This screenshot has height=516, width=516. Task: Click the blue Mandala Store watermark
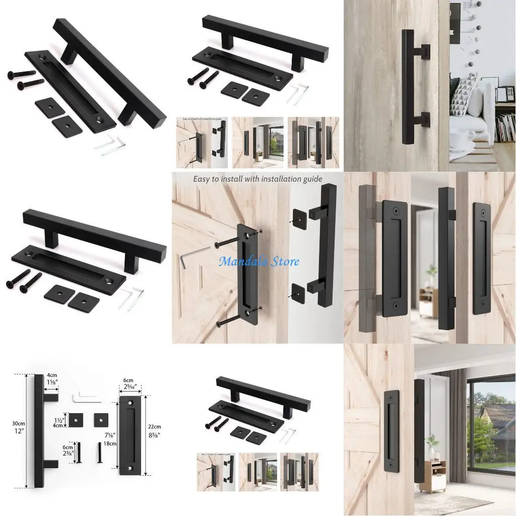click(259, 261)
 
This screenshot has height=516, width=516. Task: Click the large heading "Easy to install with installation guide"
click(258, 179)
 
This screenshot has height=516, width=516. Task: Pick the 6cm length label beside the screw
click(68, 449)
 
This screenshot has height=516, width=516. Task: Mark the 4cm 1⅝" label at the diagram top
click(51, 378)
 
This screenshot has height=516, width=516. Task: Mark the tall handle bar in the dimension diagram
click(39, 431)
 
